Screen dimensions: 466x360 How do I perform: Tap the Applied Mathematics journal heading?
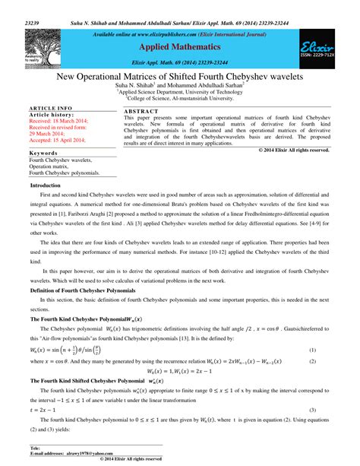180,46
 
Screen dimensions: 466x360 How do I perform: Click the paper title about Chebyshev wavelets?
179,78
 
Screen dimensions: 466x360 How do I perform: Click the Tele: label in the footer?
35,449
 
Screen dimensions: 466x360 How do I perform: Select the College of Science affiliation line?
180,99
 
